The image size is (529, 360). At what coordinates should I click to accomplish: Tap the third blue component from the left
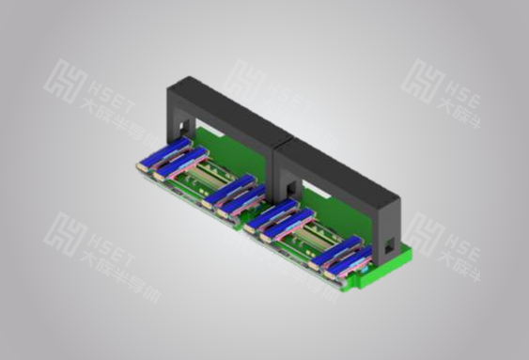point(226,189)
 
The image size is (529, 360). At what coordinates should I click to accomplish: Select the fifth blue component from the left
point(267,215)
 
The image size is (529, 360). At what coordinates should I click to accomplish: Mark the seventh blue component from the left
point(334,248)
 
